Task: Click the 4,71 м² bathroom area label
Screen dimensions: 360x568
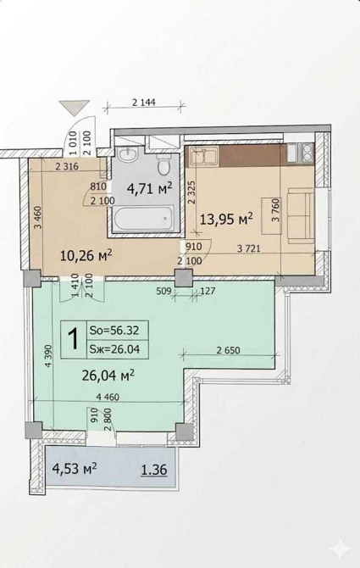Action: (148, 188)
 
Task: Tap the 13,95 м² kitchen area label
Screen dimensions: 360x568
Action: (226, 219)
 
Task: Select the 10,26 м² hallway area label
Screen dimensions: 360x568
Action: (86, 256)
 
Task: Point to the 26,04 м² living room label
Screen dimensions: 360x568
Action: (108, 376)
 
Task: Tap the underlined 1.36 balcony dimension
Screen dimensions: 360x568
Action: (154, 470)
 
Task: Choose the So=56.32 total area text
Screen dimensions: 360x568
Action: (114, 331)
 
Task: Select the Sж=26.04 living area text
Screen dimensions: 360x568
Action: (114, 349)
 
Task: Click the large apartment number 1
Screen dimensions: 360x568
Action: (74, 339)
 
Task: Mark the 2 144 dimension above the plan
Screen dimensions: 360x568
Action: (144, 103)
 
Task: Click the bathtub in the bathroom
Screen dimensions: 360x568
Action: (143, 218)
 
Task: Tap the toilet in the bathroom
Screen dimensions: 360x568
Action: (163, 164)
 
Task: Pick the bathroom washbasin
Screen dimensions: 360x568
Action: (127, 154)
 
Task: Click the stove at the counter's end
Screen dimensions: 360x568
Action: (300, 152)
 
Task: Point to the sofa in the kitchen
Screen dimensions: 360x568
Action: (301, 216)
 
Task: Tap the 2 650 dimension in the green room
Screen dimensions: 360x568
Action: (229, 350)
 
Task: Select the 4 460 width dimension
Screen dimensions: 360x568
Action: (108, 397)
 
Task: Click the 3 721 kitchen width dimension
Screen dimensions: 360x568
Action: (249, 248)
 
